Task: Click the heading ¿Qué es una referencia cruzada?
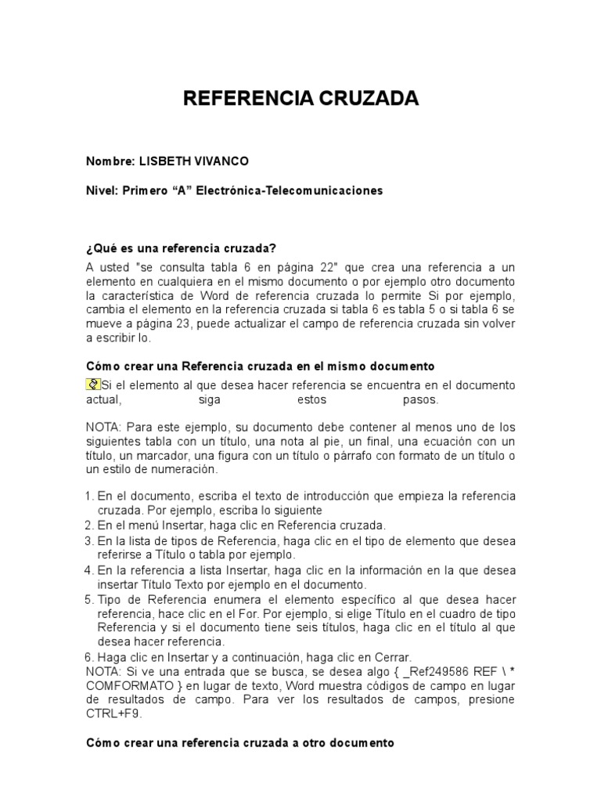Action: click(x=181, y=249)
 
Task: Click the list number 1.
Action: click(x=89, y=497)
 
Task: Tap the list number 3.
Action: click(x=89, y=540)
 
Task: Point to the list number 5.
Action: click(x=89, y=599)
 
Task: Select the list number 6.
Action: click(x=89, y=656)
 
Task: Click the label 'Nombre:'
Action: click(x=109, y=161)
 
